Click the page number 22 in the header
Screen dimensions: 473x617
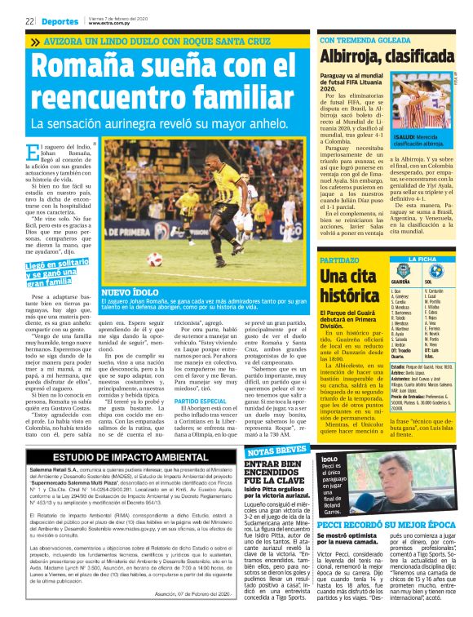click(29, 20)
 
